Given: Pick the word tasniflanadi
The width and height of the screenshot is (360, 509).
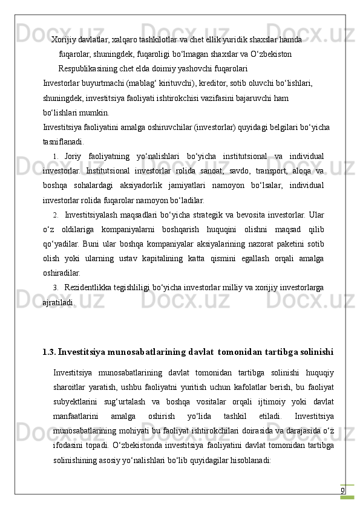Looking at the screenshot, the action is [x=64, y=141].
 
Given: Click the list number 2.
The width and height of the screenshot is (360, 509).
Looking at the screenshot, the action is [x=55, y=215].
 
